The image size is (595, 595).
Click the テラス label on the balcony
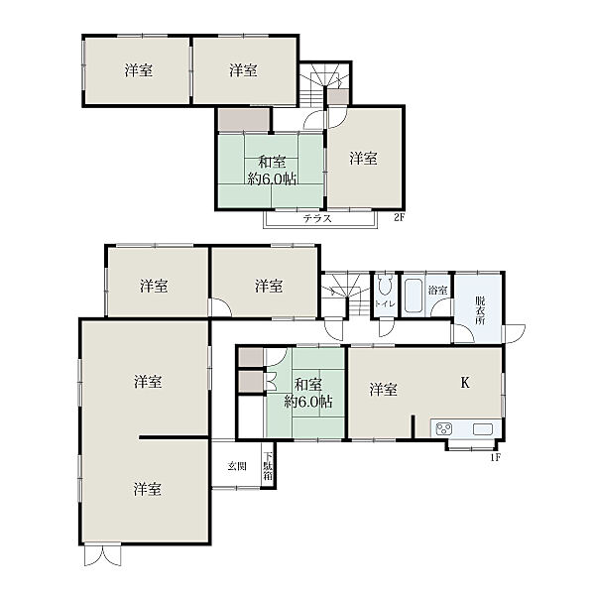click(317, 218)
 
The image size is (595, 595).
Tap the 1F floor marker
click(496, 457)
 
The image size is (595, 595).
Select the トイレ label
click(385, 304)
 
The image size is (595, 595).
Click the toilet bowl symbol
click(385, 285)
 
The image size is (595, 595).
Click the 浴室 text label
click(437, 291)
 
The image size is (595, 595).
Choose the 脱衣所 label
click(480, 310)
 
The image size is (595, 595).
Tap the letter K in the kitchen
click(465, 383)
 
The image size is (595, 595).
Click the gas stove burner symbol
click(444, 429)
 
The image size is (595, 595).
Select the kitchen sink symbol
click(483, 429)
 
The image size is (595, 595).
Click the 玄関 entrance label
click(237, 466)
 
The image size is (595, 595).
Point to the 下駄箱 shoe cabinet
click(268, 466)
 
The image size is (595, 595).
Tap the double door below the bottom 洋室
click(102, 555)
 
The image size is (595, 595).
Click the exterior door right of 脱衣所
click(514, 334)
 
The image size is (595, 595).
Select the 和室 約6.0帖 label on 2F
click(272, 171)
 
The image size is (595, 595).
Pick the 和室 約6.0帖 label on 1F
click(308, 393)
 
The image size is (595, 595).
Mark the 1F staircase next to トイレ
click(346, 295)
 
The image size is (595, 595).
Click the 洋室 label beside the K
click(383, 390)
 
